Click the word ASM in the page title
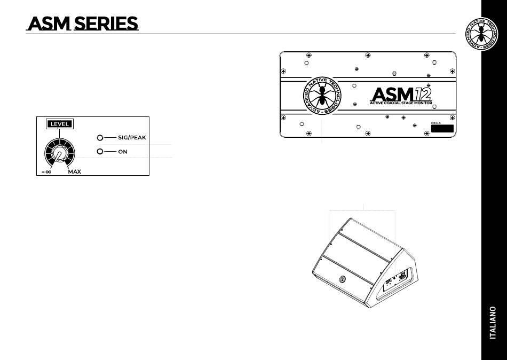pos(49,24)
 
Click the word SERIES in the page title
pos(106,24)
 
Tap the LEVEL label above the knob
pos(59,124)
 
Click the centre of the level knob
pos(60,154)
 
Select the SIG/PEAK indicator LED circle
pos(100,138)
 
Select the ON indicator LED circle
pos(100,152)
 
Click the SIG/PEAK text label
pos(132,138)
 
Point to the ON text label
pos(123,152)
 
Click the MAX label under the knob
pos(75,172)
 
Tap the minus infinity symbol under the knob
pos(46,172)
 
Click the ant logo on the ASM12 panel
pos(321,97)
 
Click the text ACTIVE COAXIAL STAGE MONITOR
pos(400,103)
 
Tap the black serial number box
pos(442,129)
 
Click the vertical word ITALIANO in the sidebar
pos(494,323)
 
